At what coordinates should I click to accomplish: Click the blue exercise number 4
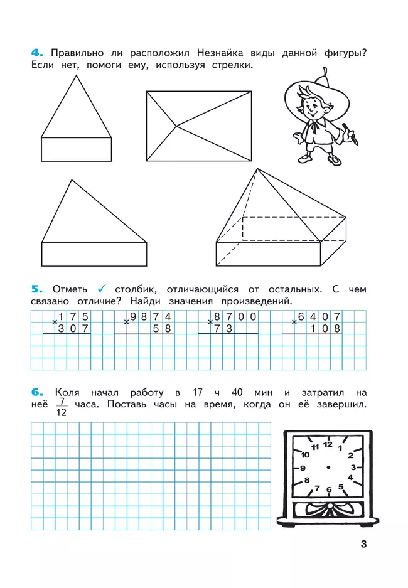[36, 53]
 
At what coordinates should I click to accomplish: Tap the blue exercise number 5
[36, 289]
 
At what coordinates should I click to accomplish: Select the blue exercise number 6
[36, 392]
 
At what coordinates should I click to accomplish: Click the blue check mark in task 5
[102, 289]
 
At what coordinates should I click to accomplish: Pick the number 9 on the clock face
[303, 468]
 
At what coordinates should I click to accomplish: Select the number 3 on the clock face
[353, 468]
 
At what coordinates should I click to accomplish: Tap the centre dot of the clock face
[328, 468]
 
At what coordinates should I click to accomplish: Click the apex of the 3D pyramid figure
[256, 169]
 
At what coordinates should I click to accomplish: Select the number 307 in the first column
[73, 328]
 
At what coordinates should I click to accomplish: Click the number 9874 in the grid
[151, 317]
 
